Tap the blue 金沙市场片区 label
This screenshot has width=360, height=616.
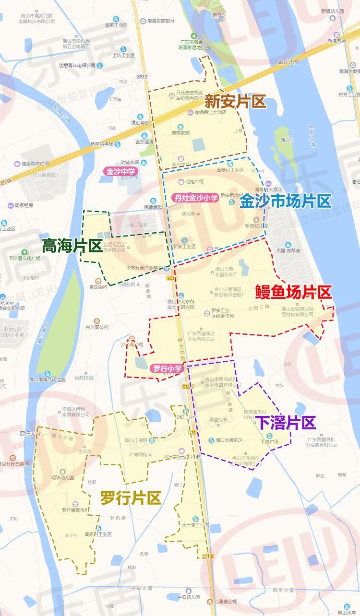point(286,201)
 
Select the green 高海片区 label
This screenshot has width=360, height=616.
point(72,246)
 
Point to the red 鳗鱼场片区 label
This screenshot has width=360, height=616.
point(294,292)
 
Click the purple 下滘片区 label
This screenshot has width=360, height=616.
point(286,423)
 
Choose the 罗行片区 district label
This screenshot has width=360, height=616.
point(131,498)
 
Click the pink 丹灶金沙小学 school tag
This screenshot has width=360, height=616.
point(196,197)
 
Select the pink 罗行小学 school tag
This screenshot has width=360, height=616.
point(167,368)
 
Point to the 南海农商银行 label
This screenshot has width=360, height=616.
point(157,21)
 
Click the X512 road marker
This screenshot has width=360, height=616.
point(142,76)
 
